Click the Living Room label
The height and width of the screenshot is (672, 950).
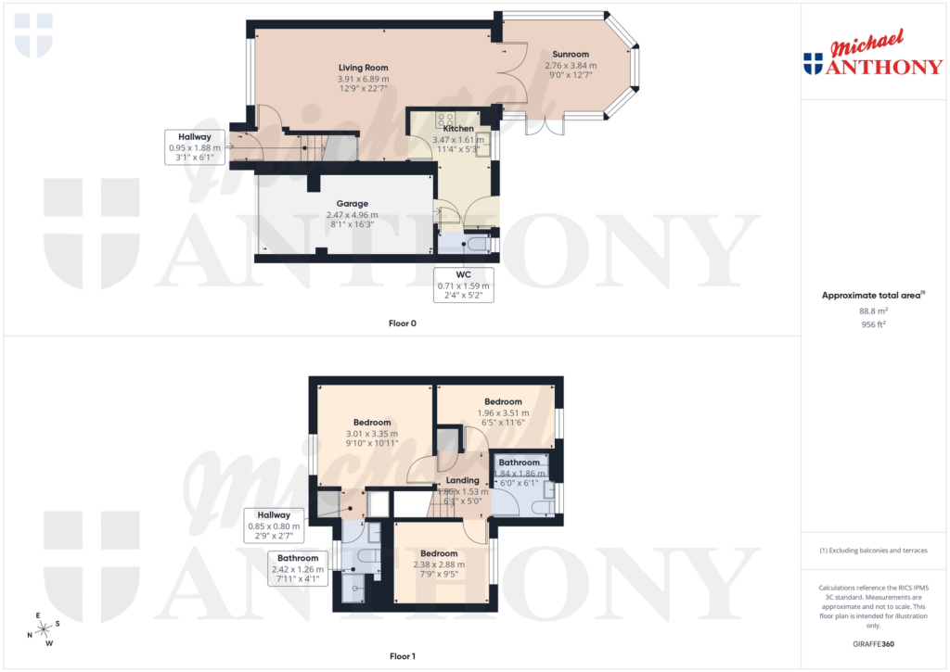coord(363,68)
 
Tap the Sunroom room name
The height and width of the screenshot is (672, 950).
coord(571,54)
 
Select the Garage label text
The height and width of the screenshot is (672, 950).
coord(352,203)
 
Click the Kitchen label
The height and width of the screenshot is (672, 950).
coord(453,129)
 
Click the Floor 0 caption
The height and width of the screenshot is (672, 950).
coord(402,323)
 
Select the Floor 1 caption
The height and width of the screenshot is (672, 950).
coord(402,656)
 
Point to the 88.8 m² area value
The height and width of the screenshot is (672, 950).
coord(871,311)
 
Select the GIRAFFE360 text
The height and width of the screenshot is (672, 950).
coord(871,644)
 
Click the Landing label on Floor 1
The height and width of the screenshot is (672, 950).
coord(462,480)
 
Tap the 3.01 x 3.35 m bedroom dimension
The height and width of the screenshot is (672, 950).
coord(371,433)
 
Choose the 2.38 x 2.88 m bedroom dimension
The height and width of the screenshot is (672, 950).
coord(438,564)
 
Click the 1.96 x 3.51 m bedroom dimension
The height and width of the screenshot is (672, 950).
coord(503,412)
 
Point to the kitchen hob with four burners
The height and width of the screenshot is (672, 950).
coord(444,119)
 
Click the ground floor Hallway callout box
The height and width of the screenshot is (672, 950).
coord(195,147)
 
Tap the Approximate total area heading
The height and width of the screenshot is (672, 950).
coord(871,296)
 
